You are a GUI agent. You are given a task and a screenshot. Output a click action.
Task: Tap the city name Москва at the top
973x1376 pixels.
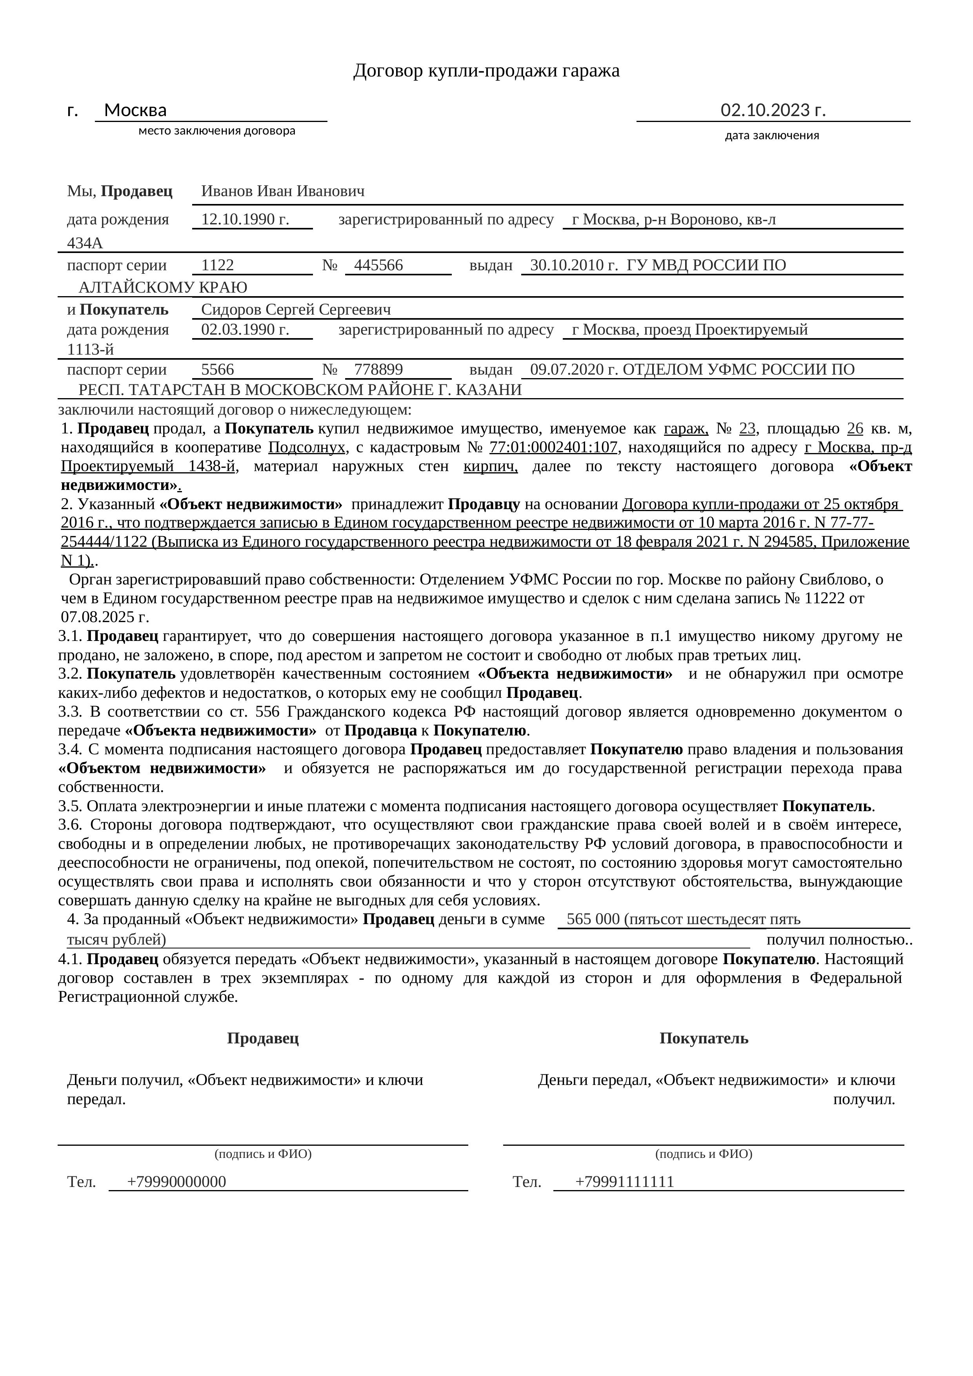tap(135, 110)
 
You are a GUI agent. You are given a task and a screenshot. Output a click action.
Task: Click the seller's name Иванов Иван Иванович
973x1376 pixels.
tap(283, 191)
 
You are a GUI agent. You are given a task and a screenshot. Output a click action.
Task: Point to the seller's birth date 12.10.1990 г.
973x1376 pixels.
tap(245, 219)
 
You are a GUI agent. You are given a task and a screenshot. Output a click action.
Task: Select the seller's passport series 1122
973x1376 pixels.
tap(218, 265)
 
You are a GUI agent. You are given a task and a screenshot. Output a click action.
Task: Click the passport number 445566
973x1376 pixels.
tap(379, 265)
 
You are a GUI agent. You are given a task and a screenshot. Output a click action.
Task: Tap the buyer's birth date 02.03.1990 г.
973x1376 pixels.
tap(245, 329)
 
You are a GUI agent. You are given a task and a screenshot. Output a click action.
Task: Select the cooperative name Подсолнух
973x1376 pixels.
tap(307, 448)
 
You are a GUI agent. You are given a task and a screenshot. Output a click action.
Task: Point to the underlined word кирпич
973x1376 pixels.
tap(490, 466)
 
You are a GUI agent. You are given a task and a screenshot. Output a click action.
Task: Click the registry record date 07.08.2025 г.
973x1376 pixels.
tap(105, 617)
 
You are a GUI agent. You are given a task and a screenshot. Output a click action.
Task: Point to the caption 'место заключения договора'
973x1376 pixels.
tap(217, 131)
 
